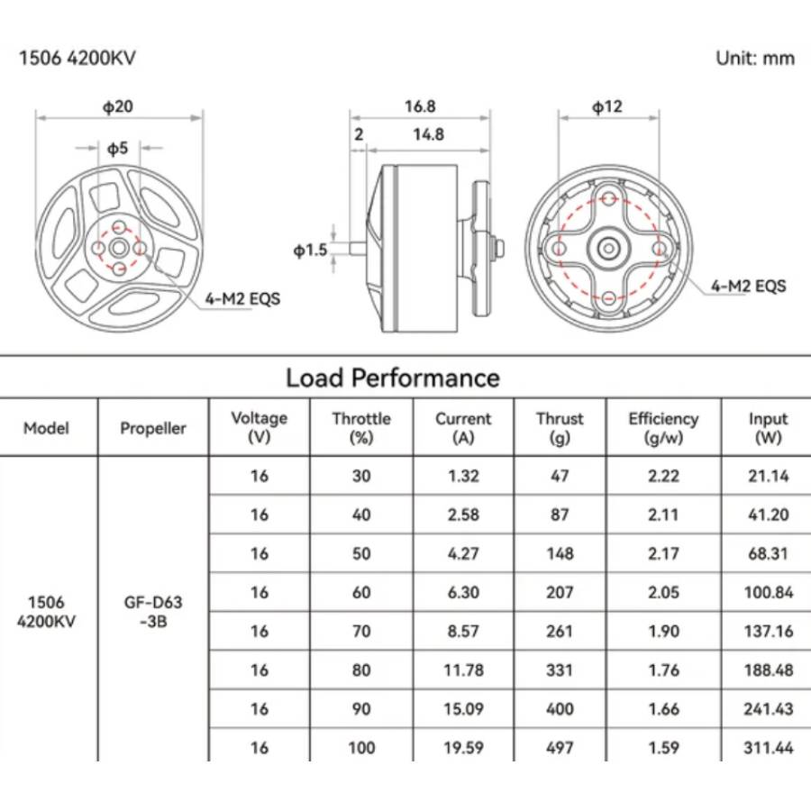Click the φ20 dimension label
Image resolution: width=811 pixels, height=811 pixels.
(x=118, y=106)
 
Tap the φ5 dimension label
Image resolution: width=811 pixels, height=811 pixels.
(x=118, y=147)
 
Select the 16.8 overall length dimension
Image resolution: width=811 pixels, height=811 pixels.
(x=420, y=106)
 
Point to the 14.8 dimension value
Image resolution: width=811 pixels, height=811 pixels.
(x=429, y=135)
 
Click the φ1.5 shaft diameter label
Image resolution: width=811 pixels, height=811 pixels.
(x=310, y=250)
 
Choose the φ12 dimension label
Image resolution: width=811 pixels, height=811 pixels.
(x=607, y=106)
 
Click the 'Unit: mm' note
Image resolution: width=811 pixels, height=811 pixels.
(x=755, y=59)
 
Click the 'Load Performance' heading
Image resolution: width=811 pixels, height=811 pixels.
(x=392, y=378)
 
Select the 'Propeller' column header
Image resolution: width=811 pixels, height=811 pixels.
(x=153, y=428)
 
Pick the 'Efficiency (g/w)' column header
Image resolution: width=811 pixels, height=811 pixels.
(x=663, y=428)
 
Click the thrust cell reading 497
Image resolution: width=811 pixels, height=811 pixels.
(x=560, y=747)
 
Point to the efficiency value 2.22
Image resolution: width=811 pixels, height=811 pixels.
(x=663, y=476)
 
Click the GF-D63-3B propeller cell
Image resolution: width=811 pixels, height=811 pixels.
(x=153, y=610)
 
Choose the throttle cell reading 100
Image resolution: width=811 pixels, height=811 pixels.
(x=361, y=747)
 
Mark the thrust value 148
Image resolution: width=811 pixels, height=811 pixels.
(x=560, y=553)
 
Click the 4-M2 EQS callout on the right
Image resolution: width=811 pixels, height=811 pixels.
(x=748, y=287)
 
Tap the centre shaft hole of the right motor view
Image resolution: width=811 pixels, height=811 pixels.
(x=609, y=246)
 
